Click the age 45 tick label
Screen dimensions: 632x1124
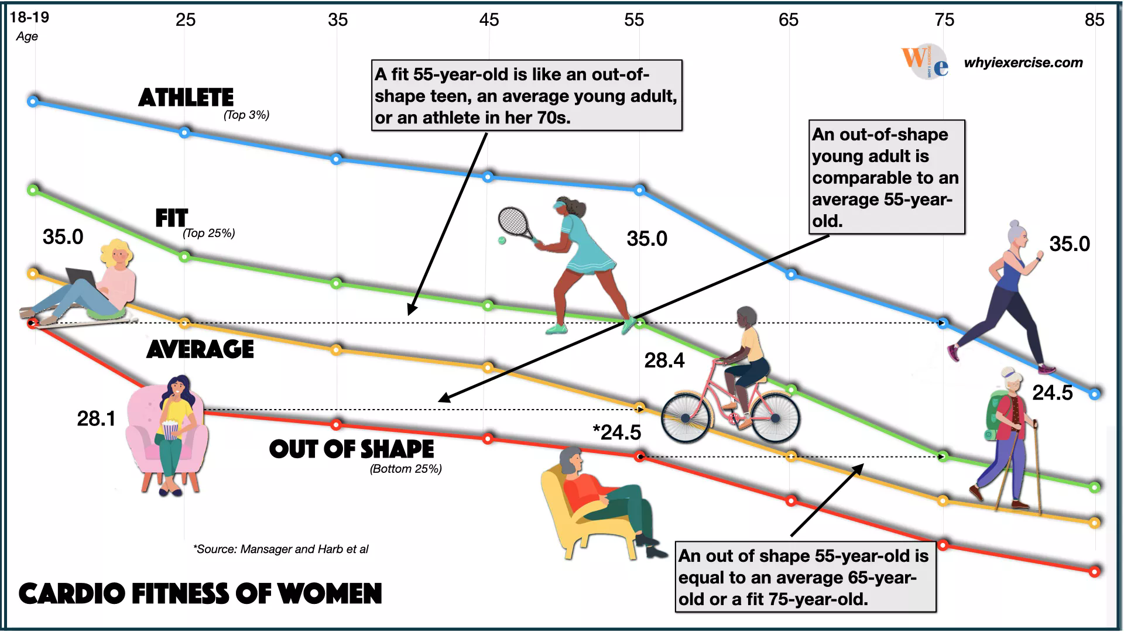[x=489, y=20]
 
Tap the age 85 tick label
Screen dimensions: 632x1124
[x=1094, y=20]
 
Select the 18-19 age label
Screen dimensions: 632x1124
[x=29, y=17]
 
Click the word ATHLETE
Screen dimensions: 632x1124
[x=186, y=98]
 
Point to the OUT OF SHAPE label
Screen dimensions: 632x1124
[x=351, y=449]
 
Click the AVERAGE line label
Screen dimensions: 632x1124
[x=200, y=349]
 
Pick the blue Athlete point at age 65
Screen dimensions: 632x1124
[x=791, y=274]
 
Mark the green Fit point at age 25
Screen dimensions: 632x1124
[x=184, y=256]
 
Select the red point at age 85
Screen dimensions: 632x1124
[x=1094, y=571]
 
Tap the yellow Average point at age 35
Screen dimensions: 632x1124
[x=336, y=350]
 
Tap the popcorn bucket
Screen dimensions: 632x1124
[x=170, y=431]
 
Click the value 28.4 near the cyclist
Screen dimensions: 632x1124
[x=664, y=360]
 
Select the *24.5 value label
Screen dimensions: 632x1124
[x=616, y=432]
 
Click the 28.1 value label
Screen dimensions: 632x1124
[x=97, y=418]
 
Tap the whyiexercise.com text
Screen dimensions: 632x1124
[x=1023, y=63]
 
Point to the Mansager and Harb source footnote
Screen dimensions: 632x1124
[x=281, y=549]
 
